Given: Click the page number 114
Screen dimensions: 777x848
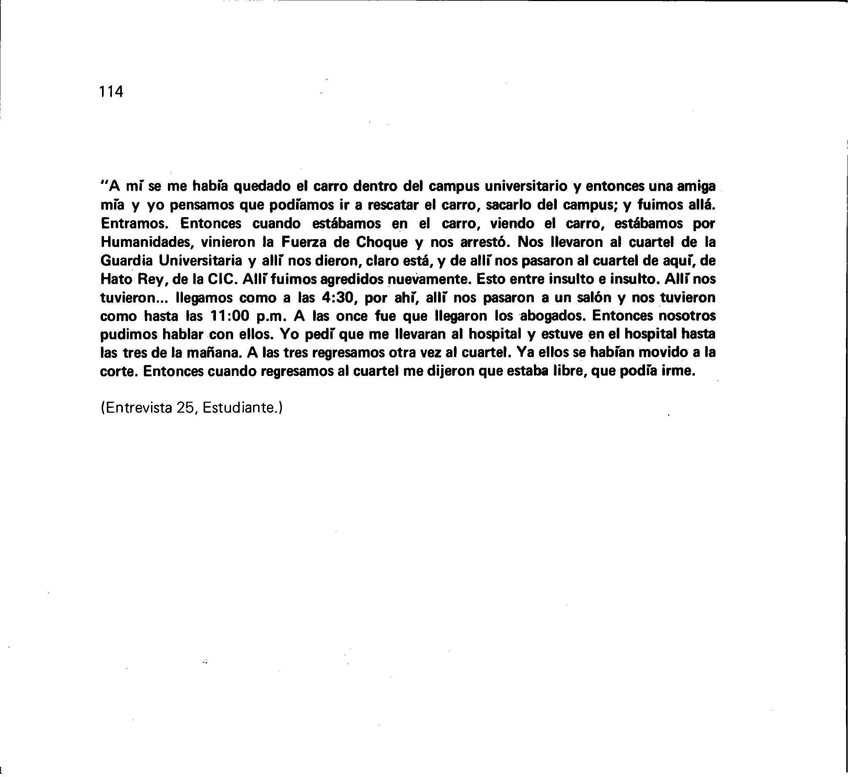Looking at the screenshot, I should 112,92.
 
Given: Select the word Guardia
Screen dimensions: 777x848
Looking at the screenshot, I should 126,261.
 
